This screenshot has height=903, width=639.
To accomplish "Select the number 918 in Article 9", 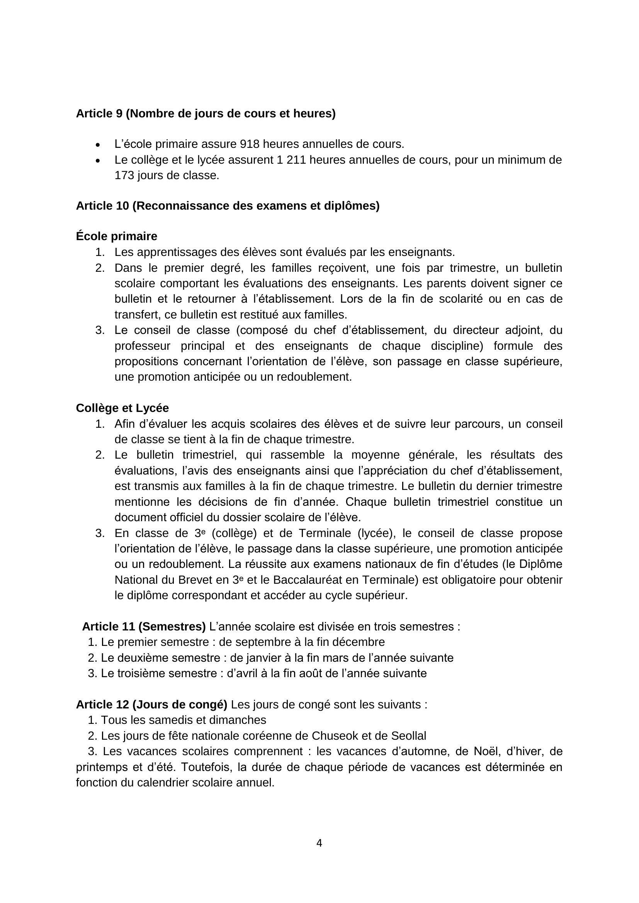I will coord(250,144).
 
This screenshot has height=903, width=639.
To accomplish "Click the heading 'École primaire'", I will coord(116,236).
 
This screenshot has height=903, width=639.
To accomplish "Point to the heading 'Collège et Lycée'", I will coord(122,408).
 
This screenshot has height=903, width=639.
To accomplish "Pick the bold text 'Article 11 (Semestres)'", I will coord(144,627).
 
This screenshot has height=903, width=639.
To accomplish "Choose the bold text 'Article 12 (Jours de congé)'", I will coord(151,705).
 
